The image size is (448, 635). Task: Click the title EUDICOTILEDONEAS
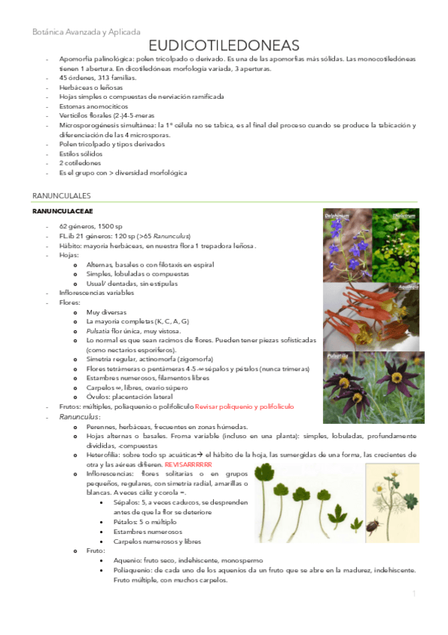click(x=224, y=46)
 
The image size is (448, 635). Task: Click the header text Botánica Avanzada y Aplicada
click(x=86, y=32)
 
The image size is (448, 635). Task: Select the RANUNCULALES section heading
click(x=61, y=195)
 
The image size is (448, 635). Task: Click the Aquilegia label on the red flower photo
click(x=408, y=287)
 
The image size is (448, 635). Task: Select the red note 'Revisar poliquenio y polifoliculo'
click(x=244, y=407)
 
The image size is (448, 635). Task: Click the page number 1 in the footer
click(x=414, y=594)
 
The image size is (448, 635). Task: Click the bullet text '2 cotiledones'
click(x=80, y=162)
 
